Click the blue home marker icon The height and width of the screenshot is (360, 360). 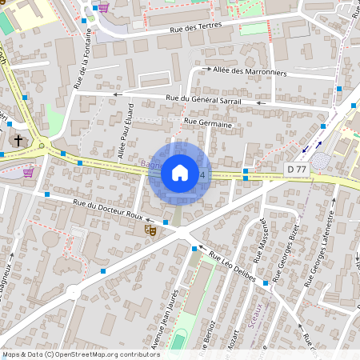[x=180, y=174]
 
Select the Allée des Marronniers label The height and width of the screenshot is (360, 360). [x=250, y=70]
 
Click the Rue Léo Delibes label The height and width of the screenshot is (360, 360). [x=232, y=266]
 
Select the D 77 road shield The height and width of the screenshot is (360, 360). [x=296, y=169]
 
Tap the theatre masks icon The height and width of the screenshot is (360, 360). [x=149, y=230]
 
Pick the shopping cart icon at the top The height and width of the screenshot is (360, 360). [x=104, y=8]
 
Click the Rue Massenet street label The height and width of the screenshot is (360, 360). [x=261, y=245]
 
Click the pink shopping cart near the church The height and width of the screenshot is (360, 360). [x=29, y=172]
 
